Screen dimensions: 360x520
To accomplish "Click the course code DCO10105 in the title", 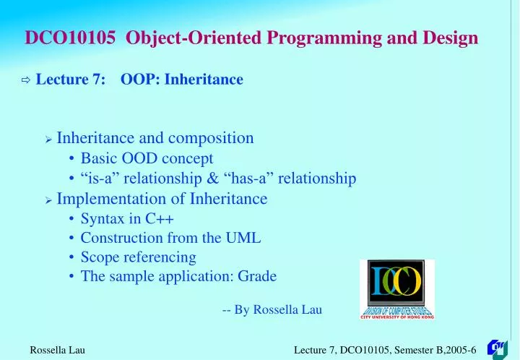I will point(70,38).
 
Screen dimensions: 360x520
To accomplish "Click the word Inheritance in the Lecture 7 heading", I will point(204,80).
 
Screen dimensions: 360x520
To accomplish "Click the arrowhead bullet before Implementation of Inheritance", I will point(48,200).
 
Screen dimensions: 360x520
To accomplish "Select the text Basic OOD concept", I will point(147,158).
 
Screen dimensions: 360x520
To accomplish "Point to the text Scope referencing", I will point(138,257).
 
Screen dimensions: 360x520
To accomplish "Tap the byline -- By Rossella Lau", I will point(272,309).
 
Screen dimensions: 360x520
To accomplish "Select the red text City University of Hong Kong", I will point(396,316).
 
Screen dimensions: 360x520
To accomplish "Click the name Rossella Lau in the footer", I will point(57,350).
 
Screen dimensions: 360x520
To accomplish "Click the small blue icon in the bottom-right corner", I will point(498,348).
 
